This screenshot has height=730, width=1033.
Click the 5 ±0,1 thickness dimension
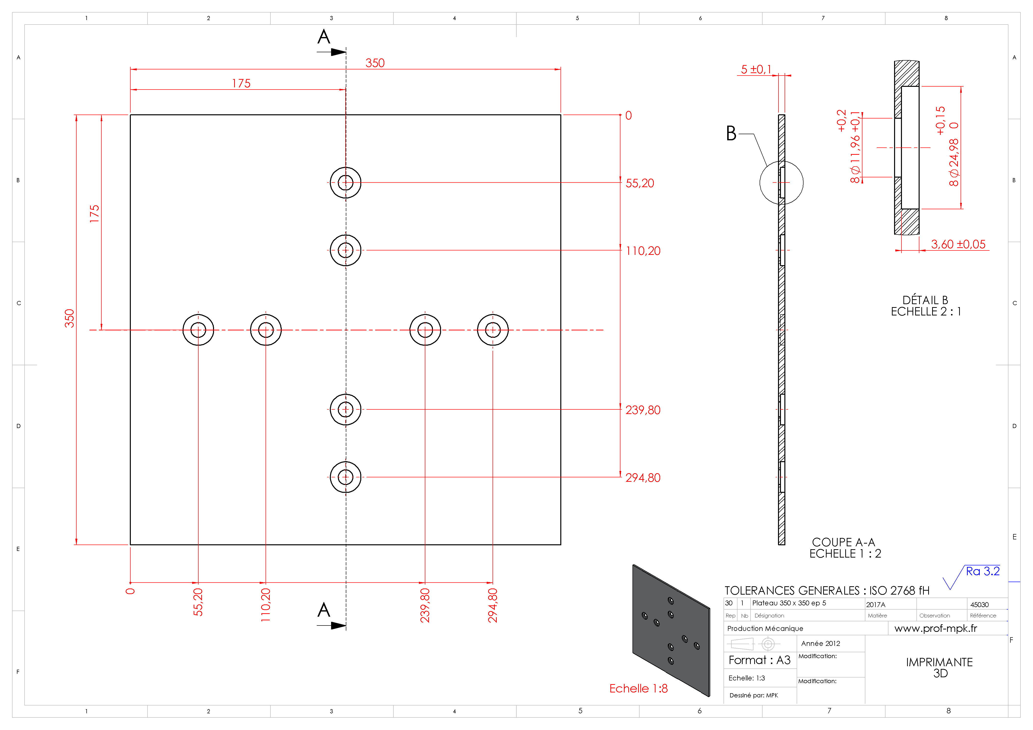coord(756,69)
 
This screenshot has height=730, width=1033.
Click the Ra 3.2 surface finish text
coord(983,571)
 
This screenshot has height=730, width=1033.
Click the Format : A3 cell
coord(759,660)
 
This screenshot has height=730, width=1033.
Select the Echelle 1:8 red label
coord(638,688)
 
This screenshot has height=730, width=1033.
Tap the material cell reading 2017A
coord(875,604)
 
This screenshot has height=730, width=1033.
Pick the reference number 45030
coord(979,604)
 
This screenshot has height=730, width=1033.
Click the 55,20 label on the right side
coord(640,183)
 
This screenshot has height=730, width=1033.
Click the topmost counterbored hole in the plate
coord(346,182)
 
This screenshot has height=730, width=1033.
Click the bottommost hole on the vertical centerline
coord(346,477)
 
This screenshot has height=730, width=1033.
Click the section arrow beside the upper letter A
coord(332,52)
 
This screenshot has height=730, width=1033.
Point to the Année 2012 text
coord(821,643)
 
